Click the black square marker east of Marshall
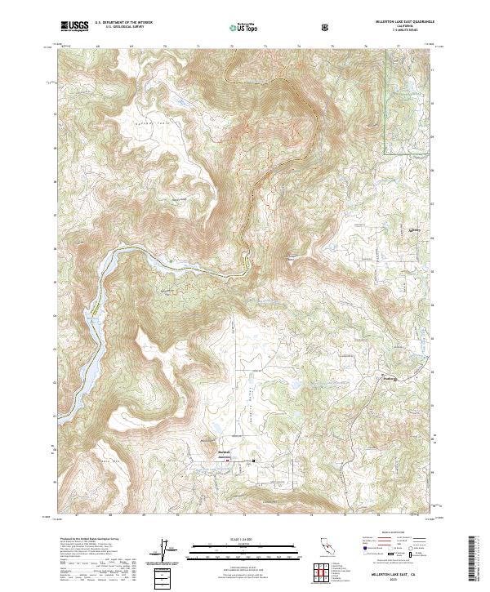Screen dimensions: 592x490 point(253,460)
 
